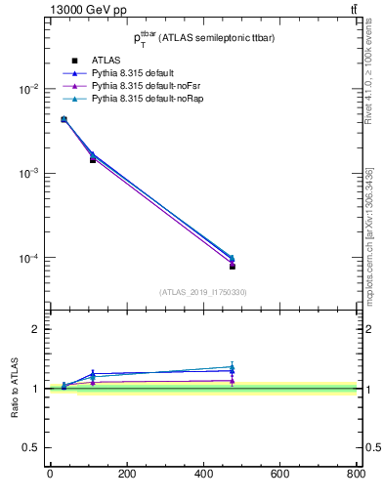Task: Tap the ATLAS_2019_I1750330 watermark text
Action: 202,292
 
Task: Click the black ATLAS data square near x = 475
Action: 233,266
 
